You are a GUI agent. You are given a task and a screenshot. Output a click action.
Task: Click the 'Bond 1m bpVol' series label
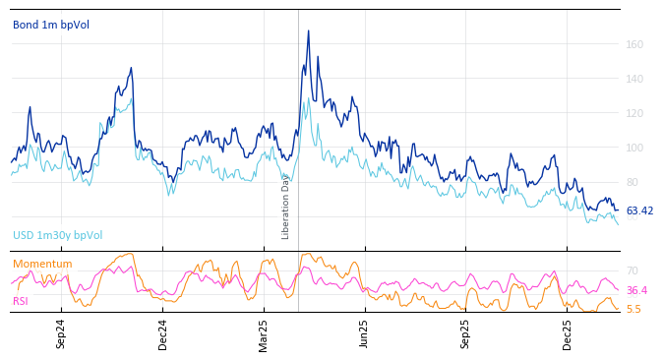pos(50,25)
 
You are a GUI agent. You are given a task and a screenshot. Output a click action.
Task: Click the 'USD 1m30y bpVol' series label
pos(57,236)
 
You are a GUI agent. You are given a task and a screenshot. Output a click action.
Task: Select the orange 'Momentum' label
pos(42,265)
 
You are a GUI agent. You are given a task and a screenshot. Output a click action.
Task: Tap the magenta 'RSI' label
pos(21,301)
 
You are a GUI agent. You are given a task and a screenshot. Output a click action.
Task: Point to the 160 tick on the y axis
pos(634,44)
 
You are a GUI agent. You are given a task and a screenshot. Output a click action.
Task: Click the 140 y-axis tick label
pos(634,79)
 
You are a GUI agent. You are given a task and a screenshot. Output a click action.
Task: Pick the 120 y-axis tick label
pos(634,113)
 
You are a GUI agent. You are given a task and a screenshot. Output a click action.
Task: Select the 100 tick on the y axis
pos(634,148)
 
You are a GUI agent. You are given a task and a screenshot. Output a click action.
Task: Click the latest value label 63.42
pos(639,211)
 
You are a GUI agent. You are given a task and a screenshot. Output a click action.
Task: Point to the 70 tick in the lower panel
pos(632,270)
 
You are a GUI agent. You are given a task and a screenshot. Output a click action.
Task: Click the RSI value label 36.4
pos(636,291)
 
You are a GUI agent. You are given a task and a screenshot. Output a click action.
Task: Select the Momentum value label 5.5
pos(633,309)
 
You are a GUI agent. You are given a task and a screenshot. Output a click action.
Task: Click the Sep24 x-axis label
pos(61,333)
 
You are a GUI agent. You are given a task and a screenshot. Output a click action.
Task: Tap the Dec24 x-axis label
pos(163,333)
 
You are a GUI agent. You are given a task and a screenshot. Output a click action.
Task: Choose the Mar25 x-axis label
pos(264,333)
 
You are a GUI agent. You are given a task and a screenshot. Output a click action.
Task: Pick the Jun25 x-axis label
pos(364,333)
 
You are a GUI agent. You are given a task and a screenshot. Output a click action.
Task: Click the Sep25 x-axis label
pos(465,333)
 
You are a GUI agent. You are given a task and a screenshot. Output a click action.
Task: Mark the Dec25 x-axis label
pos(567,333)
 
